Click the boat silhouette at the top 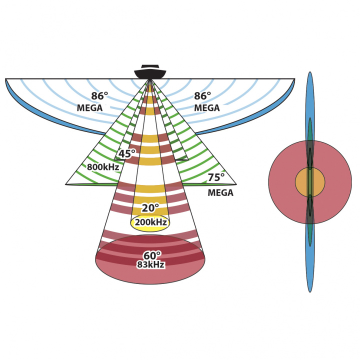tap(150, 73)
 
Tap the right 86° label tap(202, 96)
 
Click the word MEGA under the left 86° tap(90, 108)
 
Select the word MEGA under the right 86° tap(207, 107)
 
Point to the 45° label tap(127, 154)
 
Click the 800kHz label tap(103, 167)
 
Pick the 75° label tap(216, 177)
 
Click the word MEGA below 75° tap(220, 192)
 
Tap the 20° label tap(150, 208)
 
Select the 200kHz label tap(150, 222)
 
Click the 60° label tap(152, 256)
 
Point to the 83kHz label tap(150, 265)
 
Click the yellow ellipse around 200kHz tap(150, 228)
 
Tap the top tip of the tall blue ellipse tap(310, 73)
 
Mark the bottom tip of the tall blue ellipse tap(310, 291)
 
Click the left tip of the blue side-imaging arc tap(6, 79)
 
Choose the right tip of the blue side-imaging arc tap(294, 79)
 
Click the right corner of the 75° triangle tap(235, 184)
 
